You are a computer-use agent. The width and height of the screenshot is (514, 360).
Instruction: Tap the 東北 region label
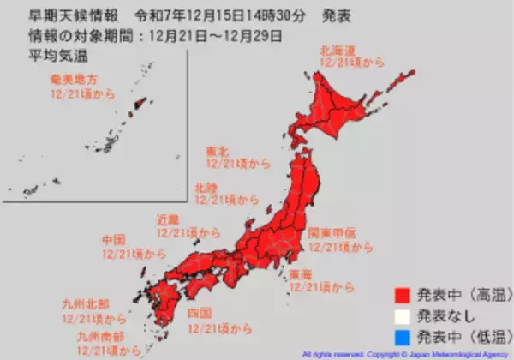click(x=217, y=151)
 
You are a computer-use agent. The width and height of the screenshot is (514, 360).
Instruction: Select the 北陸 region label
click(x=206, y=186)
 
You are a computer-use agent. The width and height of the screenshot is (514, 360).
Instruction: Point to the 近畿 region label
click(x=168, y=219)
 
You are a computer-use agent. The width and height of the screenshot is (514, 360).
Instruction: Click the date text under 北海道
click(x=351, y=62)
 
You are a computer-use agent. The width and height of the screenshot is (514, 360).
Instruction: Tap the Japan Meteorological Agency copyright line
click(x=404, y=352)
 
